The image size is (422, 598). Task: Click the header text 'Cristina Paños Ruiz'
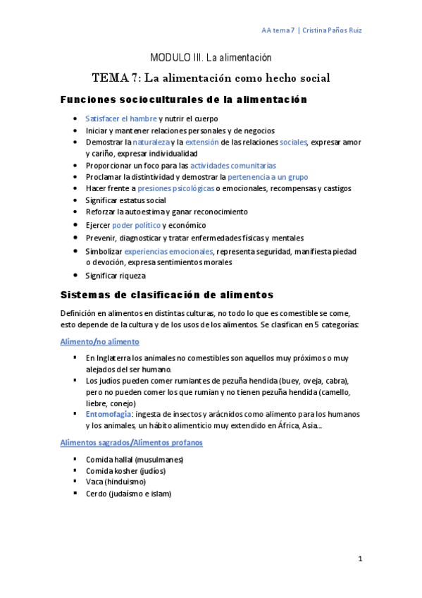coord(333,30)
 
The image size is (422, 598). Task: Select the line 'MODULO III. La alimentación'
coord(211,57)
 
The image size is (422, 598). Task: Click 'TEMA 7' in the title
coord(116,78)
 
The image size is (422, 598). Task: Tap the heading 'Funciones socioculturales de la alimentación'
coord(183,100)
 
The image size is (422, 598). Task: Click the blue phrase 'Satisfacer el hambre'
coord(120,118)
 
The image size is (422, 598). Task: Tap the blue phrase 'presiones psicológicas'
coord(175,188)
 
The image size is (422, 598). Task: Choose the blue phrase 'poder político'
coord(135,225)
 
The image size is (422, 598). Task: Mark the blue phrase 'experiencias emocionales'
coord(168,251)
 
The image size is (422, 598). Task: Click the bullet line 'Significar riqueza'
coord(115,275)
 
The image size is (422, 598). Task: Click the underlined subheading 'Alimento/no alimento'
coord(99,341)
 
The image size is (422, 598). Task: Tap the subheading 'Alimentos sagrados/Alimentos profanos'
coord(131,442)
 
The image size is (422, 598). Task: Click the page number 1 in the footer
coord(360,559)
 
